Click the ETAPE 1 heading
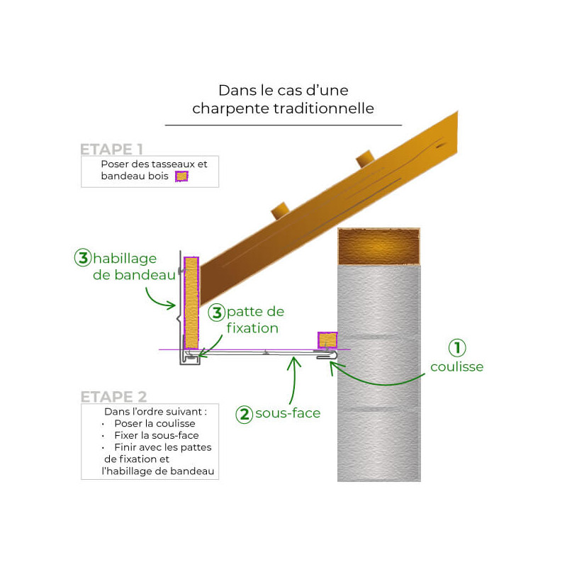tap(112, 150)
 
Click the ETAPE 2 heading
tap(113, 396)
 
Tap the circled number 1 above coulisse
tap(458, 348)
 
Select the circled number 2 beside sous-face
tap(245, 414)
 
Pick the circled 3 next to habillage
tap(82, 258)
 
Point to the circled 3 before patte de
tap(216, 312)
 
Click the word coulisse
tap(457, 367)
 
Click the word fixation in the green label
tap(252, 328)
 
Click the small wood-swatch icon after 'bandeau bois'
tap(182, 177)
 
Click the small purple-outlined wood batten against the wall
tap(327, 340)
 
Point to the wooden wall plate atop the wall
tap(378, 247)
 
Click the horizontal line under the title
tap(283, 125)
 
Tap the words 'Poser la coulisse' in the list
tap(155, 424)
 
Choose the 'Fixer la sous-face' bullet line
tap(156, 435)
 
